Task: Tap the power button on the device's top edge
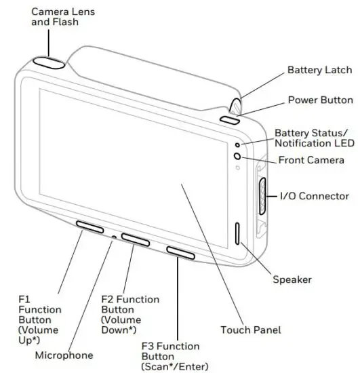[229, 120]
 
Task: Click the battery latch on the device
[236, 105]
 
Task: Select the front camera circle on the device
[237, 156]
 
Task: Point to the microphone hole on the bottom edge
[113, 237]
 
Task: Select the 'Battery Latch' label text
[319, 70]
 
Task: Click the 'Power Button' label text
[320, 100]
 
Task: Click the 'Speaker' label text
[292, 279]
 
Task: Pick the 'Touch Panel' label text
[250, 330]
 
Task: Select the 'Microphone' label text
[64, 355]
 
